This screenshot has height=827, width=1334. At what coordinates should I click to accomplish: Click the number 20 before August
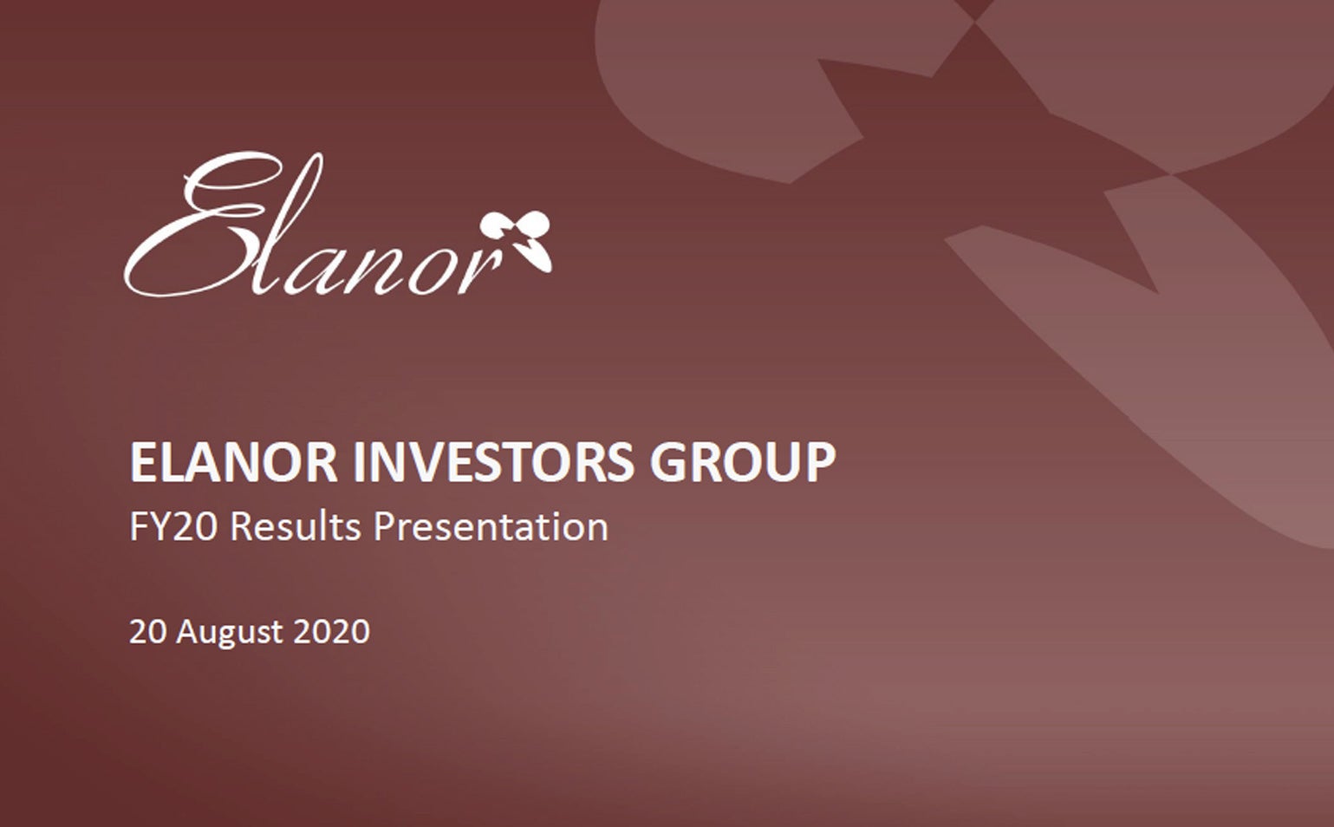(147, 631)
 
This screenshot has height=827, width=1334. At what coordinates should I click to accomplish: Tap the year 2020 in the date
(331, 631)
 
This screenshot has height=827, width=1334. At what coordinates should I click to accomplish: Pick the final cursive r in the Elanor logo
(484, 271)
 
